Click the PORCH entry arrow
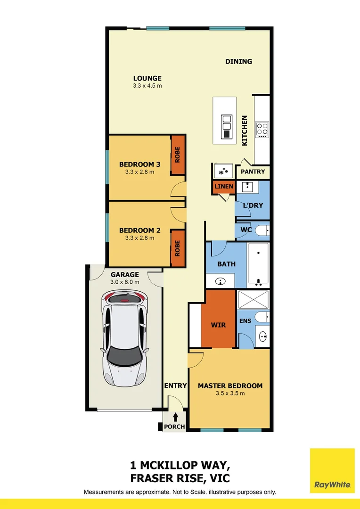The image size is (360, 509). coord(176,417)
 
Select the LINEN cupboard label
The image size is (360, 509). coord(223,187)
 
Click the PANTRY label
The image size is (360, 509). coord(253,172)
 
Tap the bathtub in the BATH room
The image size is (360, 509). coord(258,264)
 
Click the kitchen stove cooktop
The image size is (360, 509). coord(262,129)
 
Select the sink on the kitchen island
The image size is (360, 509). coord(227,122)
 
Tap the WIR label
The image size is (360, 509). coord(218,325)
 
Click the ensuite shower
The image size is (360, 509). coord(253,300)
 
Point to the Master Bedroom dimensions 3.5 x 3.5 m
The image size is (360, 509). coord(230,394)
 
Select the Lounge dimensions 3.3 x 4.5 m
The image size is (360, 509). coord(147,86)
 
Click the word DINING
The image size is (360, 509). coord(238,61)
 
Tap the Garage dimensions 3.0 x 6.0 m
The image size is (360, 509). coord(124,282)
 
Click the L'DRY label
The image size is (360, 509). coord(253,205)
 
